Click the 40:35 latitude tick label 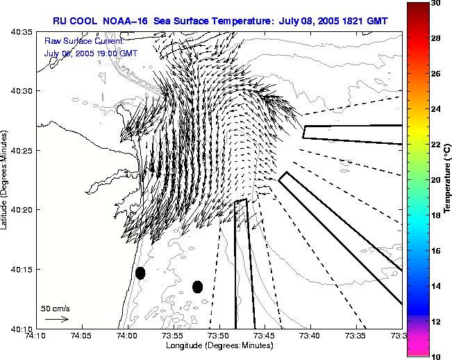(x=21, y=32)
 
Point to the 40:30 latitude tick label (x=21, y=91)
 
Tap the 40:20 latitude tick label (x=21, y=210)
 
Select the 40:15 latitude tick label (x=21, y=269)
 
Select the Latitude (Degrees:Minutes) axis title (x=6, y=180)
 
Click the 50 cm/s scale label (x=56, y=308)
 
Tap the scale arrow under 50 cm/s (x=56, y=319)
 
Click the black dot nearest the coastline (x=140, y=273)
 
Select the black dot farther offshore (x=197, y=286)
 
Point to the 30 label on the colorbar (x=435, y=3)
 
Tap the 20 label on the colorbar (x=435, y=179)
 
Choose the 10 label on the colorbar (x=435, y=356)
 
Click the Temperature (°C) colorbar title (x=448, y=179)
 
